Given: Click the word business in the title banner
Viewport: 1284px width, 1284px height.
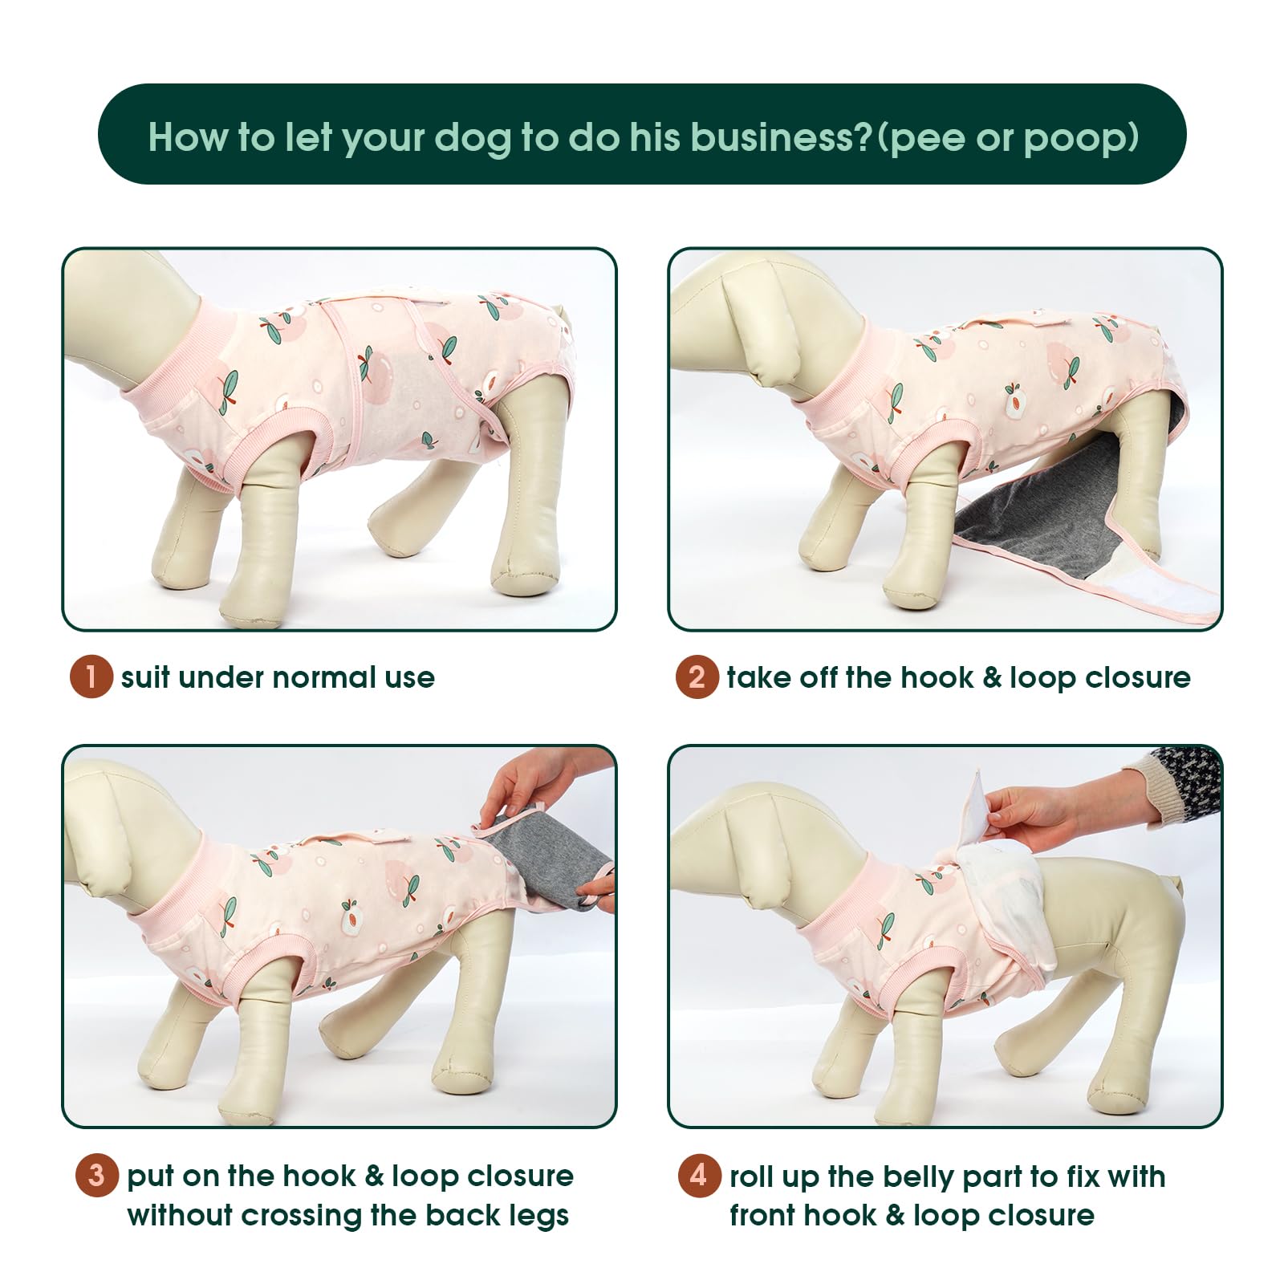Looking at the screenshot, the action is click(x=774, y=137).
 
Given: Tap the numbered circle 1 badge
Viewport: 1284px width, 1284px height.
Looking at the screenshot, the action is click(x=91, y=677).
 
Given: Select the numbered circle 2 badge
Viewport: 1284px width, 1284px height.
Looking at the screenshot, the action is click(x=697, y=677).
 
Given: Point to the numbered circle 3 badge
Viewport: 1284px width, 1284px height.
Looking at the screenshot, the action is click(x=97, y=1176).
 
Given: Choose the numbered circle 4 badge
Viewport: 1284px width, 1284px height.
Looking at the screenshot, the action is click(x=699, y=1176).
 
